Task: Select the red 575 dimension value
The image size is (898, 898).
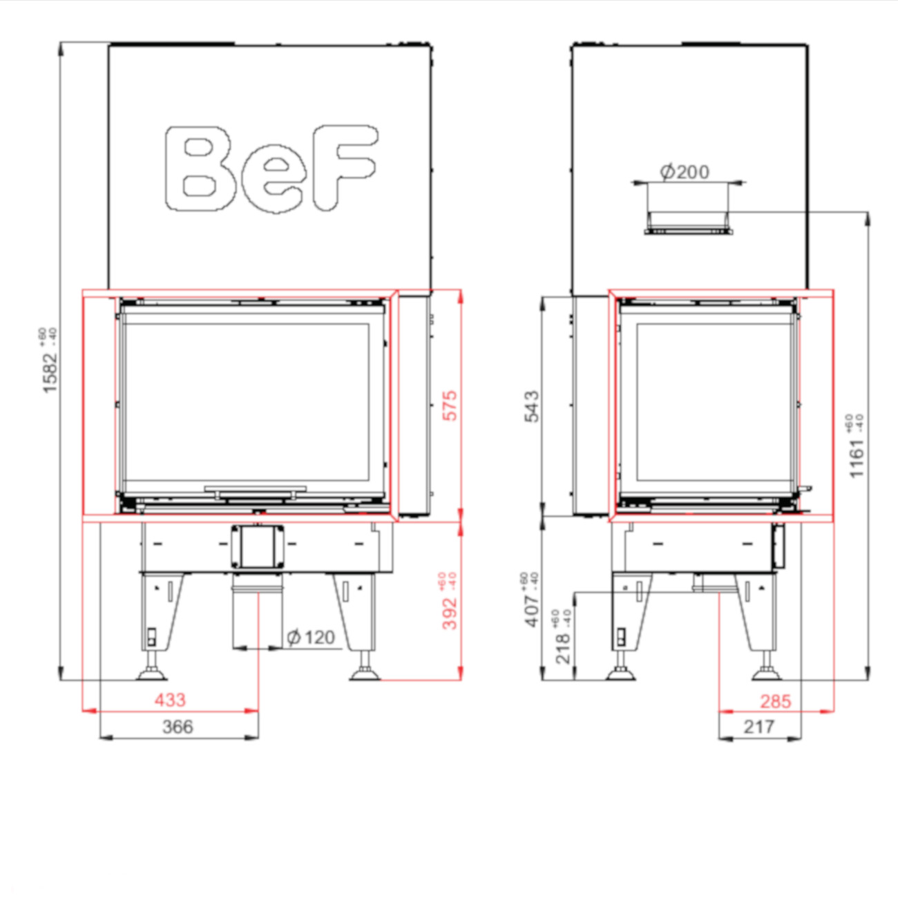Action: pos(450,405)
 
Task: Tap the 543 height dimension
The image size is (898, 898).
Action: pos(532,406)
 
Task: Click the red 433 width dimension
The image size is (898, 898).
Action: pos(170,700)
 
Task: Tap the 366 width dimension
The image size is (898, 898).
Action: pos(178,727)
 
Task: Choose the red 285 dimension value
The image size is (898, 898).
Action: pos(775,702)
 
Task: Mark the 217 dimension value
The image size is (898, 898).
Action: pos(758,727)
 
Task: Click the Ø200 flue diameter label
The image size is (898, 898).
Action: pos(685,171)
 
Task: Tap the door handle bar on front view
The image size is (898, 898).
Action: pos(256,489)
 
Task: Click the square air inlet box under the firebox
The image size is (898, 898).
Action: pos(258,546)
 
